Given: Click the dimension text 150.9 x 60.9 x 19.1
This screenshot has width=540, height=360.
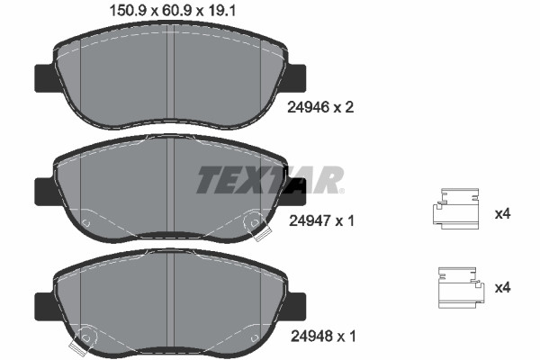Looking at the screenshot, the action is click(172, 11).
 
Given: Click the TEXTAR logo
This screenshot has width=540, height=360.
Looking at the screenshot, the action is click(270, 180).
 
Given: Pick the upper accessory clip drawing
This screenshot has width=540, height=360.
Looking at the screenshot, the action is click(455, 209).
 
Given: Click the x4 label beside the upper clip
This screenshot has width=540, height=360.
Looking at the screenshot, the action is click(502, 214).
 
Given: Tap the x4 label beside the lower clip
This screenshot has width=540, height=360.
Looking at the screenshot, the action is click(502, 288).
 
